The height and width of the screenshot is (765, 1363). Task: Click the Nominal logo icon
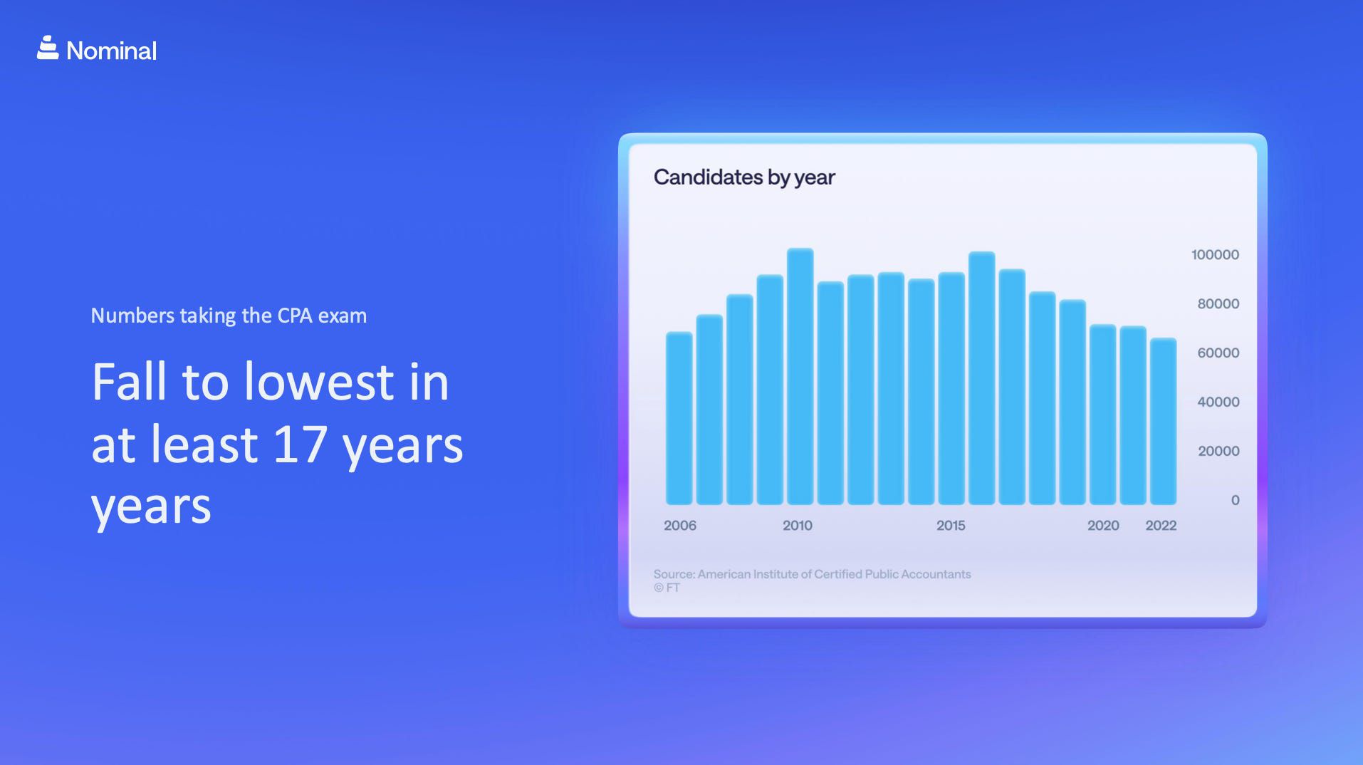coord(48,48)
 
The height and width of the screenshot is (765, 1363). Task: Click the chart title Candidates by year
coord(744,177)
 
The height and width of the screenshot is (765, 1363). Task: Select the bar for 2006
coord(679,418)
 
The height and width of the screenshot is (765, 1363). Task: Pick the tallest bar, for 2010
coord(800,376)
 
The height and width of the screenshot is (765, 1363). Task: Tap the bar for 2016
coord(981,378)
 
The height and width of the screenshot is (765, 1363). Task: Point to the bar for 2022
coord(1163,422)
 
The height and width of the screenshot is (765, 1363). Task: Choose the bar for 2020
coord(1102,415)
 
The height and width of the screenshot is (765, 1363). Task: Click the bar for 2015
coord(951,388)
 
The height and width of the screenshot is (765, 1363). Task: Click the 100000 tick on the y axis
coord(1215,255)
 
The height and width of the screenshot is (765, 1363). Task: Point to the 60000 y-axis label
coord(1218,353)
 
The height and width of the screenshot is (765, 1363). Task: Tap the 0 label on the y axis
coord(1236,501)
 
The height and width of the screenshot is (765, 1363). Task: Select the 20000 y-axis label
coord(1218,452)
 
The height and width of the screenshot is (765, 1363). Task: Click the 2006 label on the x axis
coord(680,526)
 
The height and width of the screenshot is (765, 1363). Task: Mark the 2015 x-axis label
coord(951,526)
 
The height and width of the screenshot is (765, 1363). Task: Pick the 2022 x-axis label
coord(1161,526)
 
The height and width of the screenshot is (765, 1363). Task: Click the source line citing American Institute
coord(812,574)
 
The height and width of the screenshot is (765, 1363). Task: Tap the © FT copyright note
coord(667,588)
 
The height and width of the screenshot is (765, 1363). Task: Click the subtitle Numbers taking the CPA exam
coord(229,316)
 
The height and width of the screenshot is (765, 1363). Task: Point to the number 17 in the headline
coord(300,444)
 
